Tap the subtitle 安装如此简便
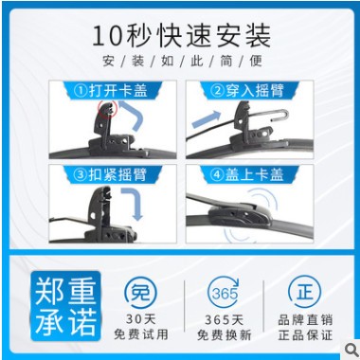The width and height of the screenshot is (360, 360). (x=181, y=63)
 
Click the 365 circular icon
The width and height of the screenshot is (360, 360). (x=225, y=290)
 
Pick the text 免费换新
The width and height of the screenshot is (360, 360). (x=225, y=334)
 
